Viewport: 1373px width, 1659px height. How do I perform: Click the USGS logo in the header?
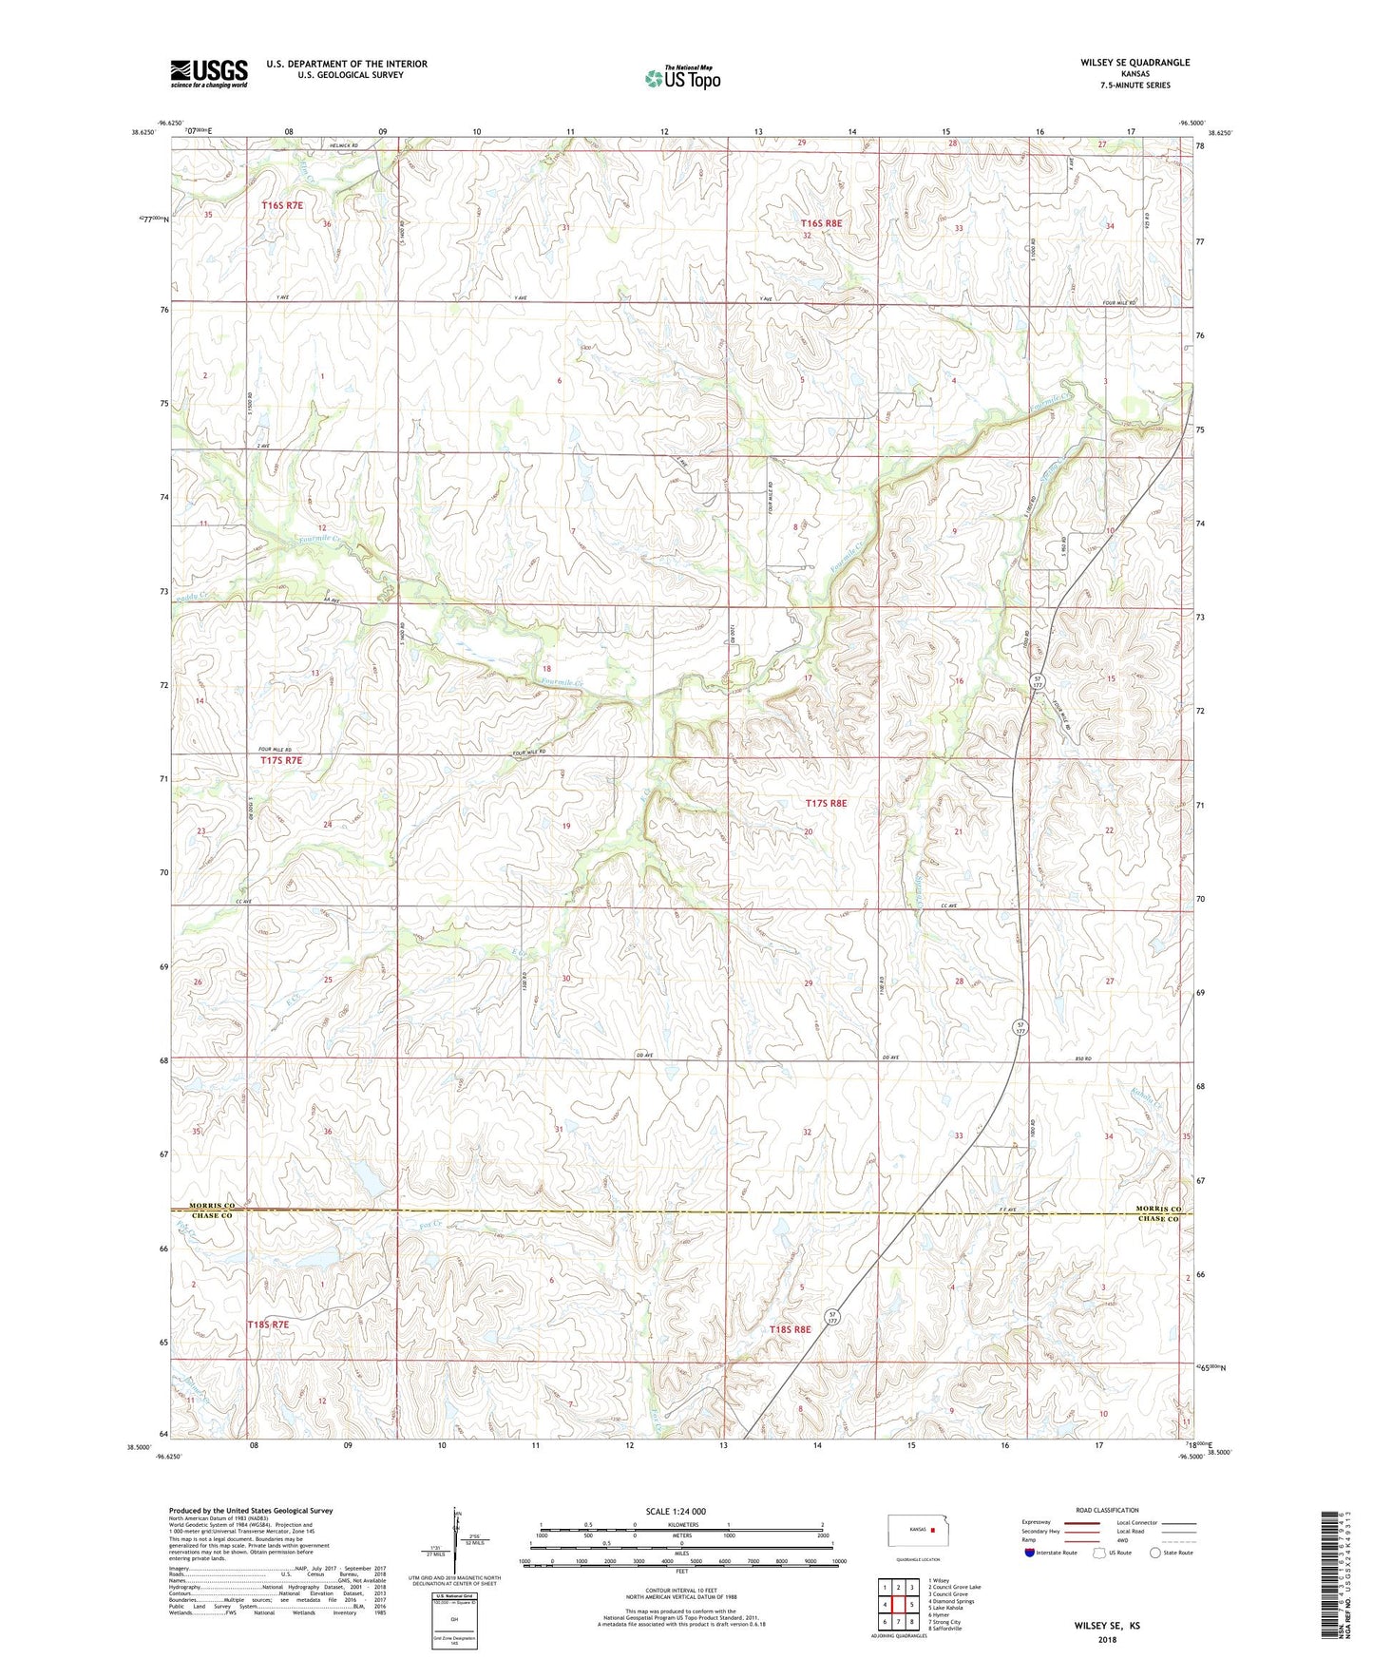pyautogui.click(x=208, y=73)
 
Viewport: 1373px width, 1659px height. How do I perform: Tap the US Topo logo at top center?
pyautogui.click(x=681, y=78)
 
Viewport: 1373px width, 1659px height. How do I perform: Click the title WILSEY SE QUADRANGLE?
pyautogui.click(x=1135, y=63)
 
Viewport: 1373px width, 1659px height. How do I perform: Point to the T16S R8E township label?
pyautogui.click(x=820, y=223)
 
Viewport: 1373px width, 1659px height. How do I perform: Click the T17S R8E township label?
pyautogui.click(x=825, y=803)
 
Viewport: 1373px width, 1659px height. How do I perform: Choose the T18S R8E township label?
pyautogui.click(x=790, y=1329)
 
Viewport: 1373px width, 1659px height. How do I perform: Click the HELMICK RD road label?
pyautogui.click(x=344, y=145)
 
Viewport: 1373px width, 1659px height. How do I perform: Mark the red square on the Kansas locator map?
pyautogui.click(x=933, y=1531)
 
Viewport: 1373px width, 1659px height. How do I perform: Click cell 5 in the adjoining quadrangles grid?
pyautogui.click(x=911, y=1604)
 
